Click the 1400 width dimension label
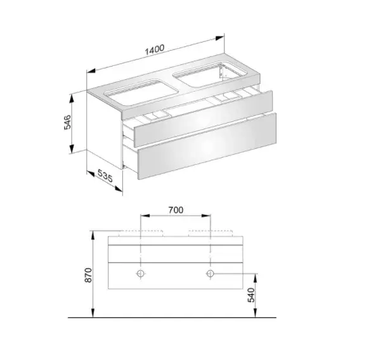[155, 50]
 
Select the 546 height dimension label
[67, 122]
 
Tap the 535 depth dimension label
[105, 176]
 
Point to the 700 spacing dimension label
[176, 210]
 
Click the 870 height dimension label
[88, 275]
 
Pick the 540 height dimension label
[251, 295]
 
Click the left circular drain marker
[141, 274]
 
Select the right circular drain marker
[210, 274]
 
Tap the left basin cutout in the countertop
[141, 93]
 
